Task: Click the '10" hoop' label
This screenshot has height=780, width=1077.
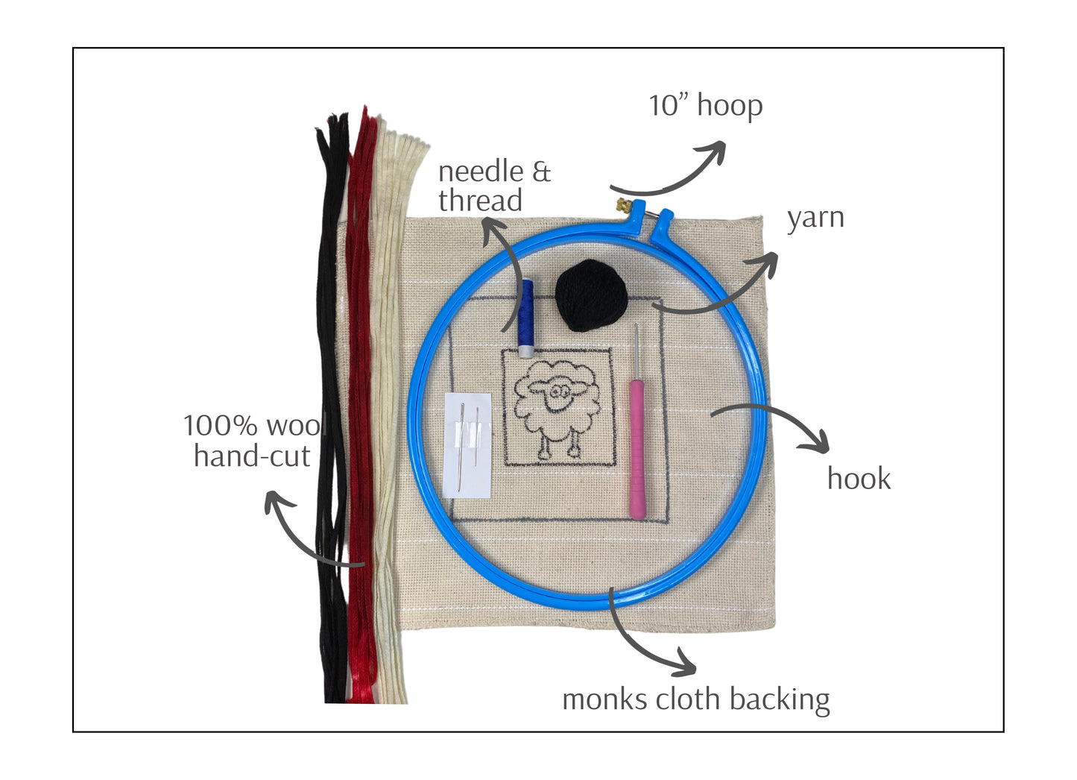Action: pos(705,105)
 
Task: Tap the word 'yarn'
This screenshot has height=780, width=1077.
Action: pos(815,218)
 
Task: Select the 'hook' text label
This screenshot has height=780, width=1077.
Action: pos(859,479)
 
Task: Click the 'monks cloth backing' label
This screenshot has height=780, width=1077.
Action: pos(695,699)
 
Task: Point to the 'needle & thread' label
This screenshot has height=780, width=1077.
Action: pos(493,186)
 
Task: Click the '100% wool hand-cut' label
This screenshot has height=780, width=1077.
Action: pos(253,441)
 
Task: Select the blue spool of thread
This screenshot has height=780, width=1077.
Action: pos(526,314)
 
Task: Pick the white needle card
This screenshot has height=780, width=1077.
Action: pos(467,444)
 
